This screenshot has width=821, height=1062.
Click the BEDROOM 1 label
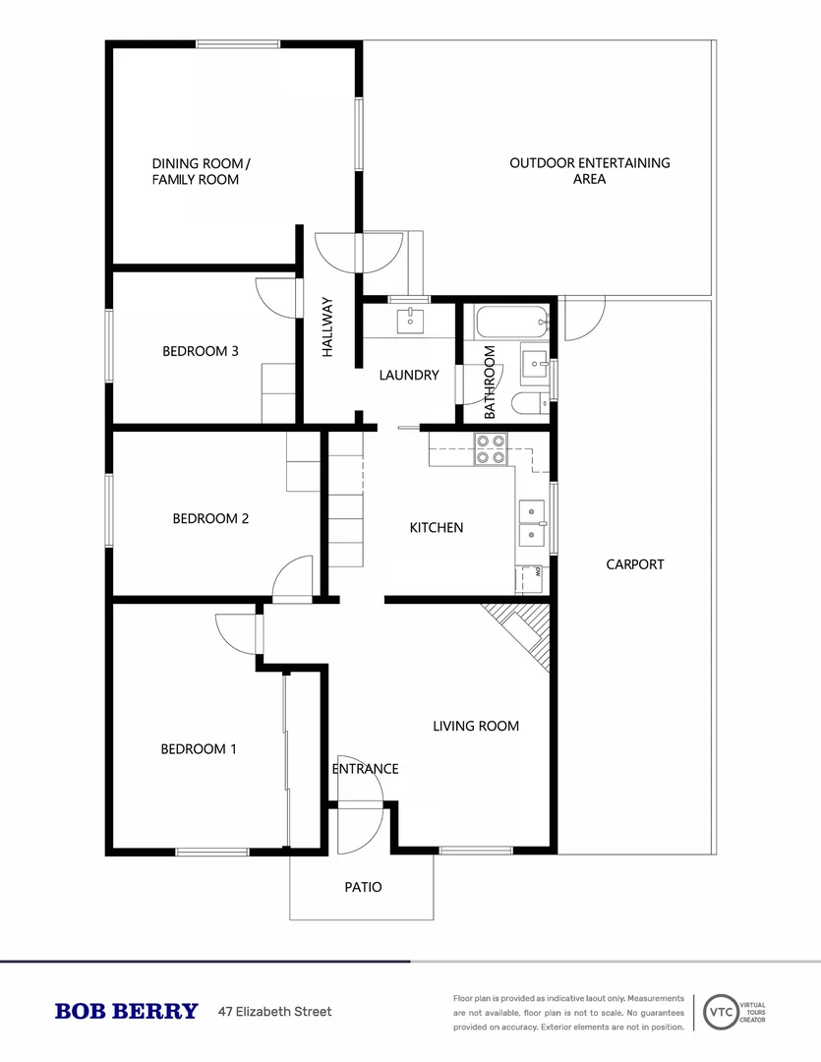point(199,749)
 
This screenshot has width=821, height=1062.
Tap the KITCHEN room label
point(436,528)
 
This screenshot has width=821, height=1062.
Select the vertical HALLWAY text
point(327,327)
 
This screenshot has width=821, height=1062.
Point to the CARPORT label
point(634,564)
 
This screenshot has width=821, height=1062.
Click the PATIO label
point(362,887)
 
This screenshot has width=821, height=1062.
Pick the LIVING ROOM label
point(476,727)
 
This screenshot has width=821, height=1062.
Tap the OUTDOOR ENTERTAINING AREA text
point(589,171)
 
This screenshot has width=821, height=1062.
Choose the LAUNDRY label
point(409,375)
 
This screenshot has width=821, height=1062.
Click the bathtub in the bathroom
point(509,320)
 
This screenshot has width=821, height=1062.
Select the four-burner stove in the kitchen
point(491,449)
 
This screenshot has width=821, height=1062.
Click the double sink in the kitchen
point(532,523)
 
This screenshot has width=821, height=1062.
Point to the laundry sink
point(410,321)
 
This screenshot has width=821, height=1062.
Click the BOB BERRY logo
point(126,1012)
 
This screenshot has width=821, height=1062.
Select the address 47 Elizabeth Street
point(274,1012)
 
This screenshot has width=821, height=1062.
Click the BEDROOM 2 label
point(210,518)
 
